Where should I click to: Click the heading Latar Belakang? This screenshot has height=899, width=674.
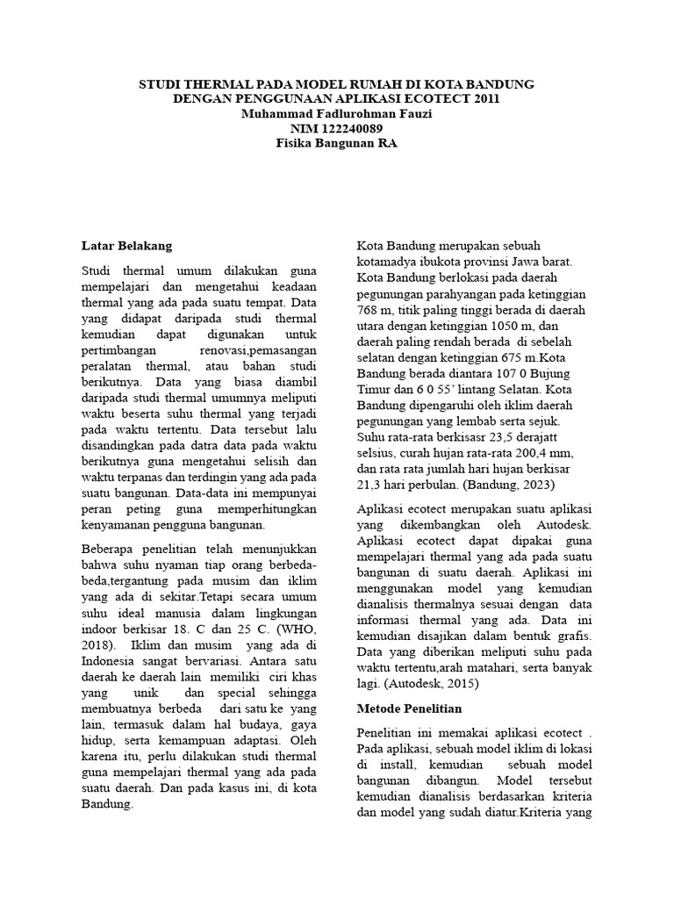(x=127, y=245)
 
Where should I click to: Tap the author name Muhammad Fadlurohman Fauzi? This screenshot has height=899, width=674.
(x=337, y=113)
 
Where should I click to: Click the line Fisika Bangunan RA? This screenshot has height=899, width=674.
(x=337, y=143)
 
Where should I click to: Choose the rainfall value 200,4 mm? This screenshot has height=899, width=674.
(x=543, y=452)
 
